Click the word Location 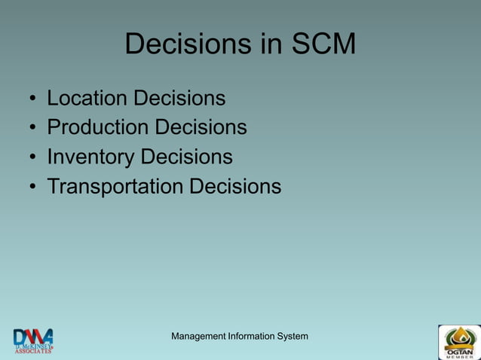click(87, 99)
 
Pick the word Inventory click(90, 157)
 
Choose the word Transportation click(115, 186)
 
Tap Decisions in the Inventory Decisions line click(186, 157)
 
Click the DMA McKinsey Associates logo click(32, 340)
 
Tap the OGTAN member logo click(458, 342)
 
